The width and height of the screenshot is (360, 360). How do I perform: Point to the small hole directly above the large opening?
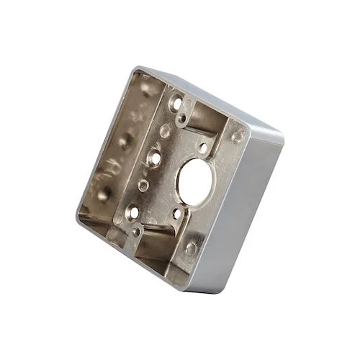[203, 148]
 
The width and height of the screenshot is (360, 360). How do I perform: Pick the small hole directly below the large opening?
[176, 213]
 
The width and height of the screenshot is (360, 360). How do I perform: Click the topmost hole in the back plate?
[176, 104]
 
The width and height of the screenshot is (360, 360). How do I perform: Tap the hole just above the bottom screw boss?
[133, 212]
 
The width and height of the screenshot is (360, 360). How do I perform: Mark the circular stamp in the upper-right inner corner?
[236, 137]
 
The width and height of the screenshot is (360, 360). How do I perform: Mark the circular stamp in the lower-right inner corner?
[191, 248]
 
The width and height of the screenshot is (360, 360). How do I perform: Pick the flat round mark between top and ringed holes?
[165, 132]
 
